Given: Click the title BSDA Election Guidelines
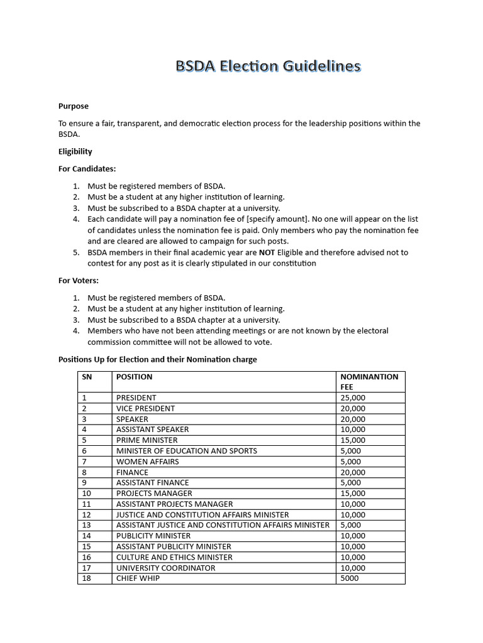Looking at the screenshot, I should click(268, 67).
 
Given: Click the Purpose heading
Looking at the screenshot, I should click(74, 106).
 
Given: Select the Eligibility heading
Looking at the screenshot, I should click(75, 151).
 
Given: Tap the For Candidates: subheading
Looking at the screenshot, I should click(87, 169).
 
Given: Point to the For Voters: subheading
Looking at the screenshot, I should click(79, 280).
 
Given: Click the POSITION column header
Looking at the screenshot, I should click(134, 377).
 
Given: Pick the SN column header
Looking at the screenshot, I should click(87, 377).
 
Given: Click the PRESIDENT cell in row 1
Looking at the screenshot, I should click(136, 397).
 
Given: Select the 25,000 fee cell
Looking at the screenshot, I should click(352, 397).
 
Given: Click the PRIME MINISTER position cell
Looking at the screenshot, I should click(147, 440).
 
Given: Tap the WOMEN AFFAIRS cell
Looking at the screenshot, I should click(147, 462).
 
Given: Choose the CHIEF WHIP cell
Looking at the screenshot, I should click(138, 578).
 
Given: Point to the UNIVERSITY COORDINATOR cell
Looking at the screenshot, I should click(165, 568).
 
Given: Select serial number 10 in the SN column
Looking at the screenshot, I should click(87, 494).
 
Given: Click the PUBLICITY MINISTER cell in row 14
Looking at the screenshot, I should click(153, 536).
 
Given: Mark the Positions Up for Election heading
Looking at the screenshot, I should click(157, 360).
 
